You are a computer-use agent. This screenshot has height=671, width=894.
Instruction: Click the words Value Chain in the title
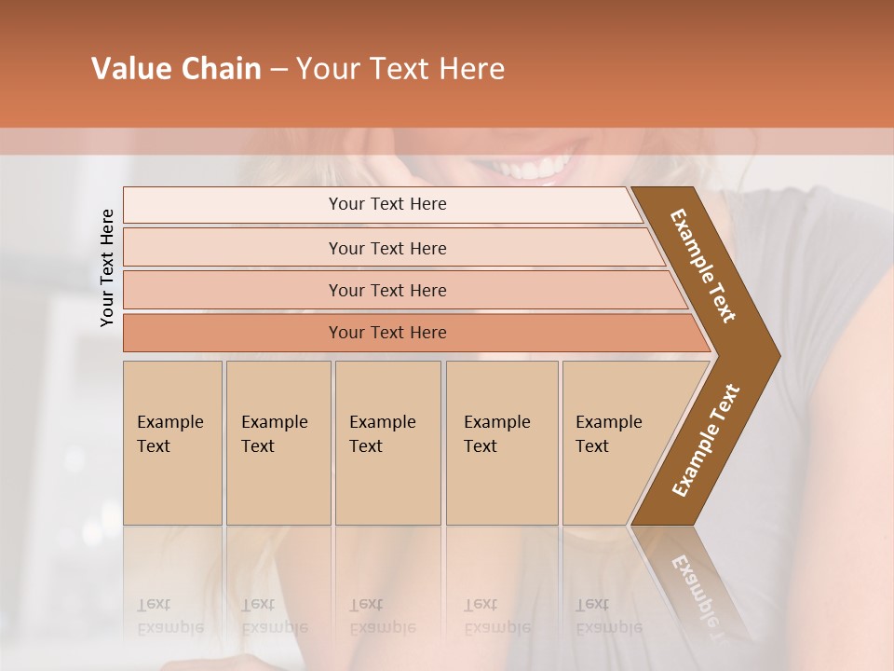tap(176, 69)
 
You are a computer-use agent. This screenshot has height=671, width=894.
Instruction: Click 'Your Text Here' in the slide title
tap(400, 69)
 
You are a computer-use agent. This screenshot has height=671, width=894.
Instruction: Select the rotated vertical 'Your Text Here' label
tap(107, 267)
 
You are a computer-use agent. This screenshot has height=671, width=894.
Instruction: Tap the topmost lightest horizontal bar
tap(386, 204)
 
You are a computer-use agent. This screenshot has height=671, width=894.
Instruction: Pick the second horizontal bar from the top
tap(386, 248)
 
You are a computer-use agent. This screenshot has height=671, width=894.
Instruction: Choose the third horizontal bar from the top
tap(386, 290)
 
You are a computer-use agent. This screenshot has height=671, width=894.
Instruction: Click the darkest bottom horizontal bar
tap(386, 333)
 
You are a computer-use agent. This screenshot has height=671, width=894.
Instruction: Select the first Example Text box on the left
tap(172, 443)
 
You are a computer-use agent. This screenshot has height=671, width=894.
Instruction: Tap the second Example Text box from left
tap(278, 443)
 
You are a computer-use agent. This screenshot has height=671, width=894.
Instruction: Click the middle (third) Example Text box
tap(387, 443)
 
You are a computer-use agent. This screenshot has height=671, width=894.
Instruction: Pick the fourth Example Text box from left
tap(501, 443)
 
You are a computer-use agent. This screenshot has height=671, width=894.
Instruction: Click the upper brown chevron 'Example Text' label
tap(704, 265)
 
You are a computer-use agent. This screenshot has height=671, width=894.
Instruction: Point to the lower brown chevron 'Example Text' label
tap(706, 441)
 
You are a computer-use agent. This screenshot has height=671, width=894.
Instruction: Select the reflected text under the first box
tap(170, 616)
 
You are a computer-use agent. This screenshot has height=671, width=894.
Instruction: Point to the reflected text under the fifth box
tap(608, 616)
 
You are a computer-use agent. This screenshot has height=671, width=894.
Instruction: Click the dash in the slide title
tap(278, 69)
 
